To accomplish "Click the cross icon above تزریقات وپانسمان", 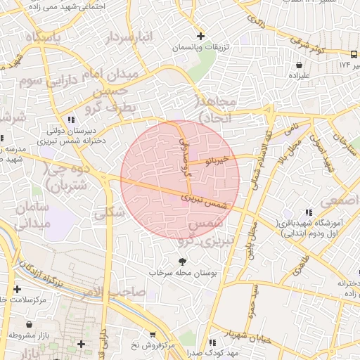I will tap(200, 36).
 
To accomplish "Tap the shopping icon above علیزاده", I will tap(300, 65).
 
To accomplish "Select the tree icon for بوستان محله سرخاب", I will tap(173, 262).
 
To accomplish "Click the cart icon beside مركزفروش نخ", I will tap(153, 335).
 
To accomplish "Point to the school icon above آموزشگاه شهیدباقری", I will tap(308, 213).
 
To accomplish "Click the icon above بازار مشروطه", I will tap(29, 325).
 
